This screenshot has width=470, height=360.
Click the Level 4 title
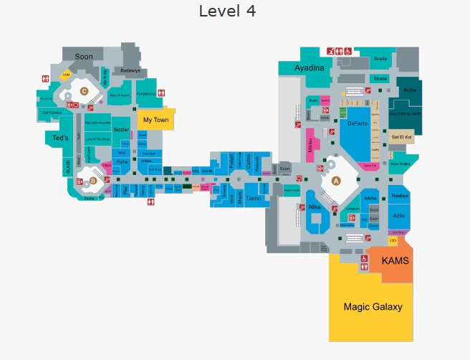(227, 11)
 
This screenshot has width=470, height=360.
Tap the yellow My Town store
(155, 120)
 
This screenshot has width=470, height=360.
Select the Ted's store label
(59, 138)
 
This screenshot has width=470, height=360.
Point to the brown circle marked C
(84, 91)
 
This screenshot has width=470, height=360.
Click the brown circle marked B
(92, 181)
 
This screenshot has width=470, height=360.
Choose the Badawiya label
(130, 71)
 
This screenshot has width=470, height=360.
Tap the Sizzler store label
(121, 130)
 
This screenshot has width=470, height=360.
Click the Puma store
(121, 162)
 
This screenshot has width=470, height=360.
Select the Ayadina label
(310, 68)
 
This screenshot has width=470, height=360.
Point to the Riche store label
(409, 90)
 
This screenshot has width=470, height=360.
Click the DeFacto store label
(357, 124)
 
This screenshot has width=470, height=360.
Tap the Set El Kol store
(401, 136)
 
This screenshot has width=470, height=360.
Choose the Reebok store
(399, 195)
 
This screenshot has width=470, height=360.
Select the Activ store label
(399, 215)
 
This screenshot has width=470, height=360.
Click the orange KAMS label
(395, 261)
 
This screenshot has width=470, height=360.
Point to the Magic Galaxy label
(373, 307)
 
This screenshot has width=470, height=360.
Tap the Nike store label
(315, 207)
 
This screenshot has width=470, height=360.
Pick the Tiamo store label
(252, 198)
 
